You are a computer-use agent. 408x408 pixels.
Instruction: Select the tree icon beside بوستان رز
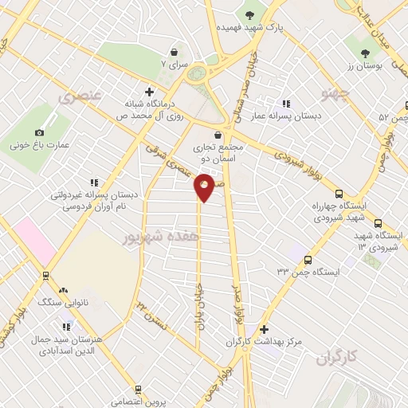366,53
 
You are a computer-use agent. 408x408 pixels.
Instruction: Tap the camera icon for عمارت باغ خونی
38,132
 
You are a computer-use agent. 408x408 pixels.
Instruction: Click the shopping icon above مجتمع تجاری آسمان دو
218,135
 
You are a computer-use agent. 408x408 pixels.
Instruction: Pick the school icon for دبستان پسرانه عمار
285,104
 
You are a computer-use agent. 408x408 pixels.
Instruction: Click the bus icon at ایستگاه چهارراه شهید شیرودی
339,194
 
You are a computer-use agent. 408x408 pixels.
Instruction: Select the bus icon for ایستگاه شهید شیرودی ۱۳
378,225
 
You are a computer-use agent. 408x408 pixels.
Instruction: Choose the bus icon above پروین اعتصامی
138,390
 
